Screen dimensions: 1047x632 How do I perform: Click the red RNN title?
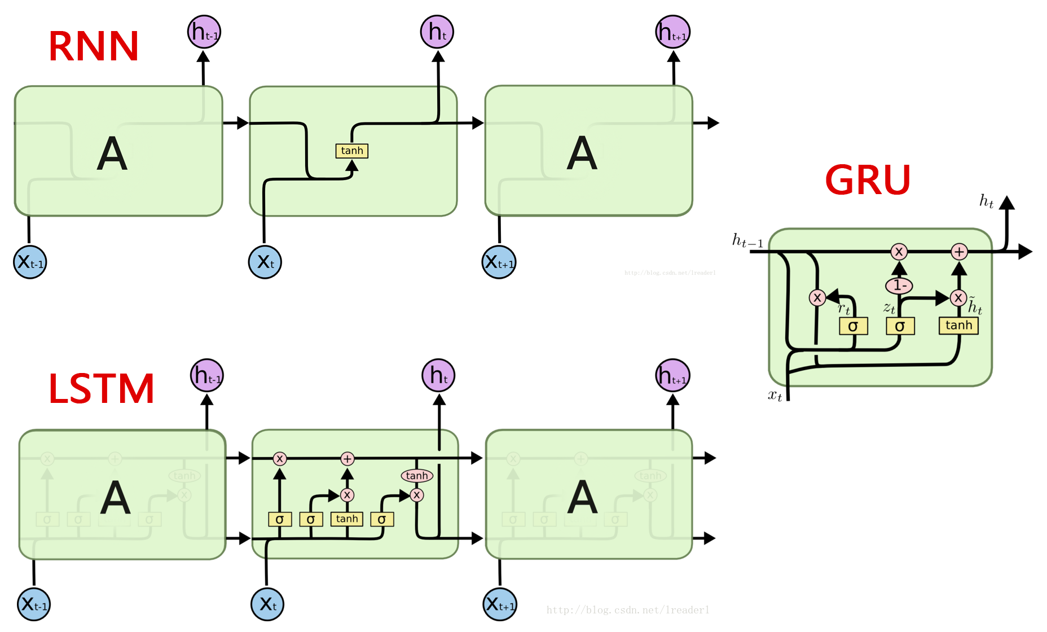pos(94,46)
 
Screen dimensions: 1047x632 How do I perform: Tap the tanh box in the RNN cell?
pos(352,151)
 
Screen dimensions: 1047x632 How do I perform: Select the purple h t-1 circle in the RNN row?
pos(204,32)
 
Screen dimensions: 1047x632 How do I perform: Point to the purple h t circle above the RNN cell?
pos(437,32)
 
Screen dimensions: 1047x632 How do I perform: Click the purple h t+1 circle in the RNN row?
pos(672,32)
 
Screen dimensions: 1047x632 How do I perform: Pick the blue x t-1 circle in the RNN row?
pos(30,262)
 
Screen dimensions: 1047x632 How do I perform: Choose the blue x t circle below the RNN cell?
pos(265,262)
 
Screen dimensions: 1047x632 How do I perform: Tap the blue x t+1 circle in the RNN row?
pos(499,262)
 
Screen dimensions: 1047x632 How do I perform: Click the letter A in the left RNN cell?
pos(112,153)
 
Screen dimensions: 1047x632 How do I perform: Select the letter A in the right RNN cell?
pos(582,153)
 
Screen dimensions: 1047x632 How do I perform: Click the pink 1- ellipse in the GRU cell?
pos(899,286)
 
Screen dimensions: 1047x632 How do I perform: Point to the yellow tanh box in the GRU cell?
pos(958,326)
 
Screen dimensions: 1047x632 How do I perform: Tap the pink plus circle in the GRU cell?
pos(959,252)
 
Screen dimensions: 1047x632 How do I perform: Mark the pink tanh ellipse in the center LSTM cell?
pos(417,476)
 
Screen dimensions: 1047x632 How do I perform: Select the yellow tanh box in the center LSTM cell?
pos(347,519)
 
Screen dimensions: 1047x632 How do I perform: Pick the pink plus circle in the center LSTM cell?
pos(347,459)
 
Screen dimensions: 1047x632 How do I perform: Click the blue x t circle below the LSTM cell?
pos(267,604)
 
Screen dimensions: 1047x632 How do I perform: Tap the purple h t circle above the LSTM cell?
pos(438,375)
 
